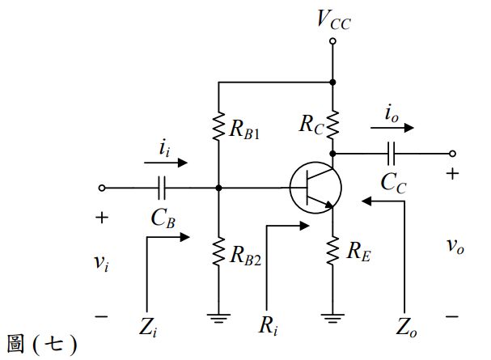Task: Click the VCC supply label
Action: (x=334, y=20)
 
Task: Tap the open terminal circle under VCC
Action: (x=333, y=41)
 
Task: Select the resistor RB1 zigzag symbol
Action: (x=218, y=126)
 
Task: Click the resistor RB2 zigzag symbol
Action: (x=218, y=252)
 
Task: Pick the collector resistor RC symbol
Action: (x=333, y=125)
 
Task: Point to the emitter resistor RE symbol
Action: (x=333, y=251)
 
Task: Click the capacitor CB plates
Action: (x=162, y=188)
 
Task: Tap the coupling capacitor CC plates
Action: (x=392, y=154)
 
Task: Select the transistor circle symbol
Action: (x=315, y=188)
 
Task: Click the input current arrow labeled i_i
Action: (x=166, y=163)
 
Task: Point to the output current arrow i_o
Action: (x=392, y=128)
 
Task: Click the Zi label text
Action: (x=148, y=327)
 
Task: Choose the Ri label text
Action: (x=269, y=325)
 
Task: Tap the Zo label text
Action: (x=406, y=328)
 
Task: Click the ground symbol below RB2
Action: (x=218, y=319)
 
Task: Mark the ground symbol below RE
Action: (x=333, y=319)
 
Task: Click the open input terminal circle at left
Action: (x=102, y=188)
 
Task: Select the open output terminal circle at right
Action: (x=452, y=154)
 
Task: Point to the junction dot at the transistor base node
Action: (x=218, y=188)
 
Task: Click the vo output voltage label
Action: (x=455, y=246)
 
